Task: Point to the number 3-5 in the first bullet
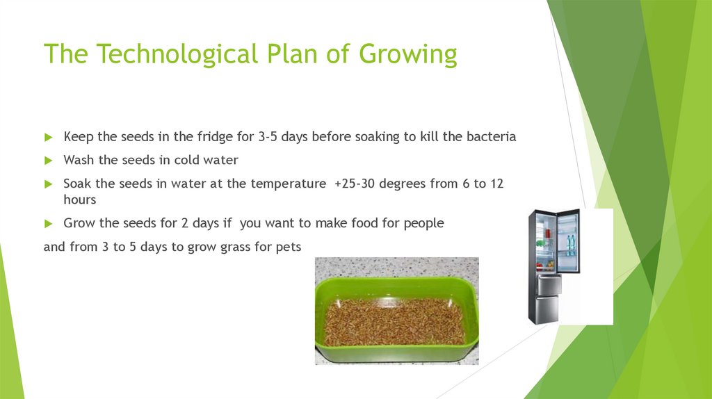268,137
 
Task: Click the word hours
79,199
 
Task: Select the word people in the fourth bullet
423,223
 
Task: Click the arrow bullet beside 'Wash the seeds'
48,161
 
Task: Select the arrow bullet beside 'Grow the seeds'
48,224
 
